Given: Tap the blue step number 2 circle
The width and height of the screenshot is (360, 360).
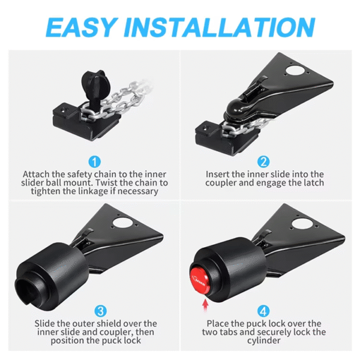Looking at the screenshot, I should pos(263,161).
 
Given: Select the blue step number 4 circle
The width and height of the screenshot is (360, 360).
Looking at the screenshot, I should pos(263,311).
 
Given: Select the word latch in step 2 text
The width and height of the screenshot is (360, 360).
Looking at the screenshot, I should pos(312,182).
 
